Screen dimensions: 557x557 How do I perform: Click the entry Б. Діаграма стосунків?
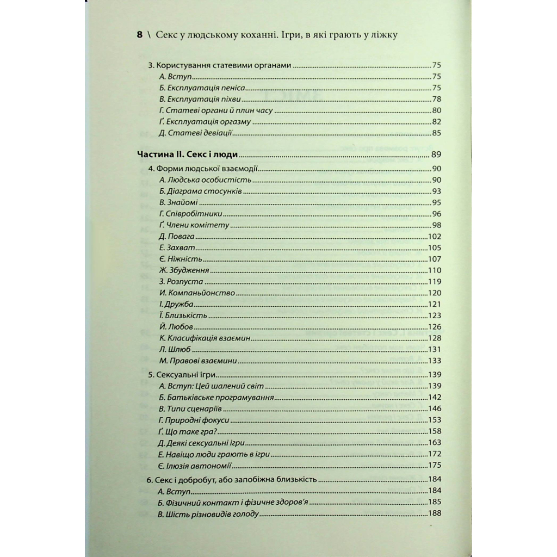pos(200,191)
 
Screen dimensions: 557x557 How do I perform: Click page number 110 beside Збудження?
pos(433,271)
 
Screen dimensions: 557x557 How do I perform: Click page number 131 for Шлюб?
pos(433,349)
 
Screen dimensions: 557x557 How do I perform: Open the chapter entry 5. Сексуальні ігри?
pos(182,375)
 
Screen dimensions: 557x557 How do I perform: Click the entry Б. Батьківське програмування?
pos(216,398)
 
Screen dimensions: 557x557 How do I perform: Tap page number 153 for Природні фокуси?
pos(433,420)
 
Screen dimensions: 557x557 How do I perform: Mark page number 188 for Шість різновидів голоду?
pos(433,514)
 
